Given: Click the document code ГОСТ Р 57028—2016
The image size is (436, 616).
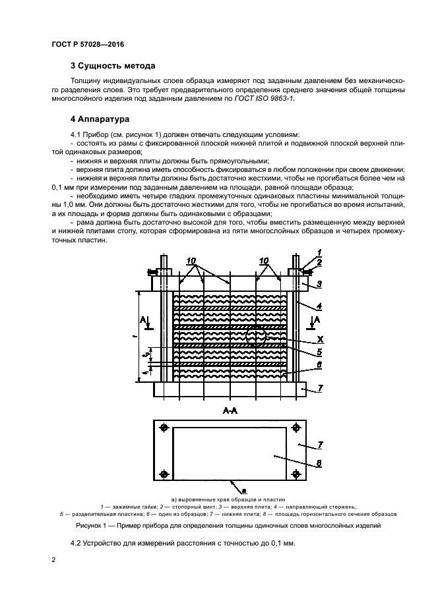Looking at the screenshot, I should (x=87, y=43).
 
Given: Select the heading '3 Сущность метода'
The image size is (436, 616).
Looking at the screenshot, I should (x=113, y=66).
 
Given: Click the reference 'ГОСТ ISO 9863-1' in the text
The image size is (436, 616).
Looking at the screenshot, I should (x=266, y=98).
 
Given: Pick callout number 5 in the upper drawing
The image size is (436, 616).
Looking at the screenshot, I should (x=319, y=351).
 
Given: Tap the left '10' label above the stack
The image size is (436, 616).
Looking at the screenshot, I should (x=191, y=262).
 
